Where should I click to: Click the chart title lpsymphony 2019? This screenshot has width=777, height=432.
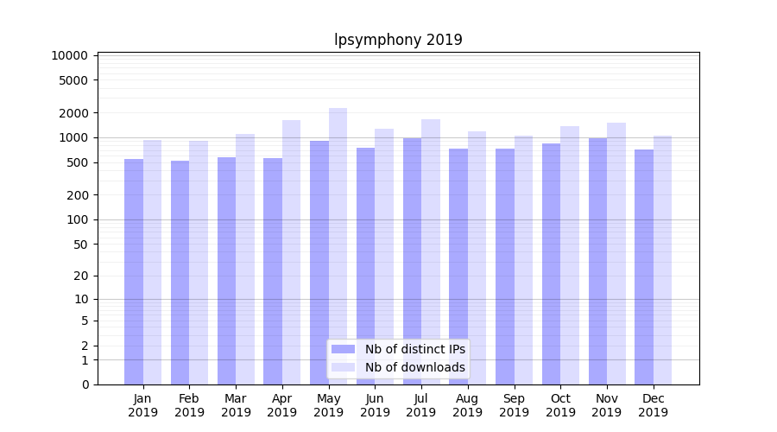tap(398, 40)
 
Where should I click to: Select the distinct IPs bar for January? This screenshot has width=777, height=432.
tap(134, 271)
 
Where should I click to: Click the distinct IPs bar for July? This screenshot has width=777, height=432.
tap(412, 261)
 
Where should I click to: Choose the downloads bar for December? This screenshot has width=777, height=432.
tap(662, 259)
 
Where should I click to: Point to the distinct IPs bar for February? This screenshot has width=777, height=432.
tap(180, 272)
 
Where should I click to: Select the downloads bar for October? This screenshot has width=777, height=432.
tap(570, 255)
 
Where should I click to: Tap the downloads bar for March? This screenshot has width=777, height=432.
tap(245, 259)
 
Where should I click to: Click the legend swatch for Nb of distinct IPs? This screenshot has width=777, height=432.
tap(343, 349)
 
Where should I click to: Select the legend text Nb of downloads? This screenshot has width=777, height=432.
tap(415, 367)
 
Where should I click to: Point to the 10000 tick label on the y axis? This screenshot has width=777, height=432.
tap(69, 55)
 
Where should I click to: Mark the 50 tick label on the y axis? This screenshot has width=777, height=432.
tap(79, 245)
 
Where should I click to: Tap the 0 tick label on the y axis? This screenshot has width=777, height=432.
tap(85, 384)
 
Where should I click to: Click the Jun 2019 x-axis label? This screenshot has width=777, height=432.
tap(375, 405)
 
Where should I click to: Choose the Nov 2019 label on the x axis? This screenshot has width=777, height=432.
tap(607, 405)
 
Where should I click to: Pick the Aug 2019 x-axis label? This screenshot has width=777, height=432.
tap(468, 405)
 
